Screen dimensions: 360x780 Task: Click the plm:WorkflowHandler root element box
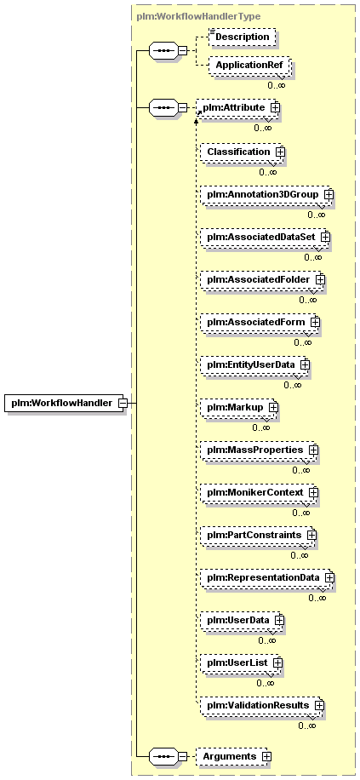63,403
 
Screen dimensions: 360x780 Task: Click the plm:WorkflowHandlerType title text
198,16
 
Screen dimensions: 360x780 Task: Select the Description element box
242,37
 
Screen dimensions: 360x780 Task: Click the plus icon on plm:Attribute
275,107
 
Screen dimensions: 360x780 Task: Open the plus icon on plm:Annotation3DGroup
328,194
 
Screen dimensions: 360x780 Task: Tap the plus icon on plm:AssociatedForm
314,323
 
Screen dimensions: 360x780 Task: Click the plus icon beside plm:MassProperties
312,450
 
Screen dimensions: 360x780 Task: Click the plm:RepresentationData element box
267,577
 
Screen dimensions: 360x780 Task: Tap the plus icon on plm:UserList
277,663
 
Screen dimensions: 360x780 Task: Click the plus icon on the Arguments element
266,756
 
